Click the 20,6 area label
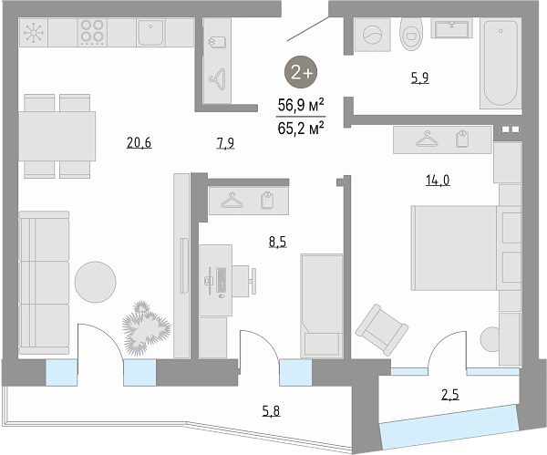[x=139, y=143]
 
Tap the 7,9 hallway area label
[x=225, y=143]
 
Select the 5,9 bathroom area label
[x=419, y=78]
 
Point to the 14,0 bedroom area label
[x=438, y=180]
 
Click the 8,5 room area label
[x=277, y=242]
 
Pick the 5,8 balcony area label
[x=271, y=411]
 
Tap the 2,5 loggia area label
[x=450, y=395]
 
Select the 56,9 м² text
[x=301, y=105]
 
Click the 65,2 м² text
[x=301, y=128]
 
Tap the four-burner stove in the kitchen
[x=92, y=32]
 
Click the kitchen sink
[x=150, y=33]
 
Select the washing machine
[x=372, y=35]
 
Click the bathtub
[x=501, y=63]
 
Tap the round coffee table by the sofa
[x=95, y=282]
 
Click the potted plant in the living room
[x=146, y=328]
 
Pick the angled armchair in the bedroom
[x=382, y=330]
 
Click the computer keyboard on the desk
[x=221, y=280]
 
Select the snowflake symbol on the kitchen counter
[x=34, y=33]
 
